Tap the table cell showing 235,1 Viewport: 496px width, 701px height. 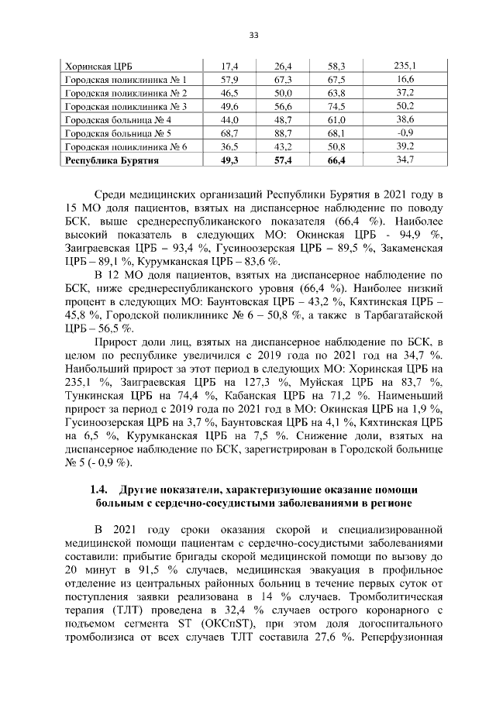click(404, 66)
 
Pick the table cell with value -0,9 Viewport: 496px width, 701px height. click(404, 133)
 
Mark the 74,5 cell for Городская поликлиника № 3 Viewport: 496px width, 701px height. click(336, 106)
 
